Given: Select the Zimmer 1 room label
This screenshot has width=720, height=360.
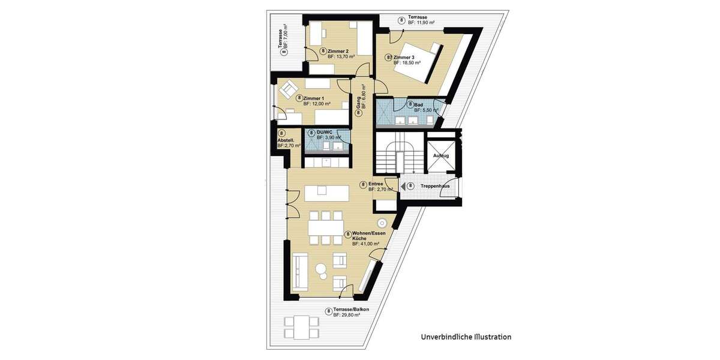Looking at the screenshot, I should pos(314,98).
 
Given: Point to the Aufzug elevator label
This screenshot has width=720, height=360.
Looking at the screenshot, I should pos(441,155).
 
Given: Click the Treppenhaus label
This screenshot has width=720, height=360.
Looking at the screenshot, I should pos(435,186).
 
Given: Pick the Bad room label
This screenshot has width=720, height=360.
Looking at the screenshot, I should pos(418,105).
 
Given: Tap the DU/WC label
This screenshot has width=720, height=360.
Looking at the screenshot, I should pos(325,133).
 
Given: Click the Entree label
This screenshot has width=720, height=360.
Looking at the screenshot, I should pos(376,184).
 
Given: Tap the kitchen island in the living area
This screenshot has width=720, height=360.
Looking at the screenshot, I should pos(323,194).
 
